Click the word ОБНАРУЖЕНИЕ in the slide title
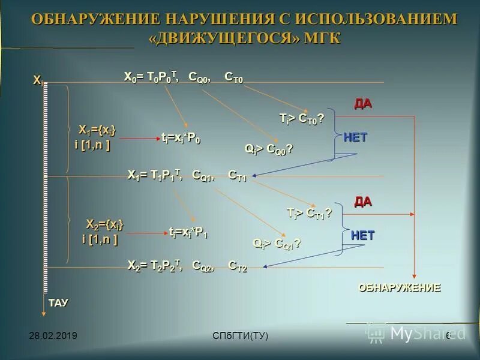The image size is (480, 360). pos(89,19)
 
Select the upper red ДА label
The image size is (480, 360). pos(362,103)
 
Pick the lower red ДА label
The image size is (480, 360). pos(362,201)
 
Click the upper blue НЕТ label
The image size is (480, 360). pos(355,137)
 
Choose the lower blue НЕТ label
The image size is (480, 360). pos(362,235)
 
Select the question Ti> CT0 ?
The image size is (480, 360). pos(302,119)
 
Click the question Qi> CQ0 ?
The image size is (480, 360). pos(268,148)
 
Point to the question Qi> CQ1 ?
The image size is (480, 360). pos(276,244)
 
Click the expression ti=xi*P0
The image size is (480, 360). pos(181,137)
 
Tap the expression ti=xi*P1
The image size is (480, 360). pos(188,232)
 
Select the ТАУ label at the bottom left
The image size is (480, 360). pos(58,302)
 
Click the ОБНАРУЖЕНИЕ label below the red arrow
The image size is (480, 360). pos(399,288)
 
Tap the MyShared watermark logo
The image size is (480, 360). pos(415,333)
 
